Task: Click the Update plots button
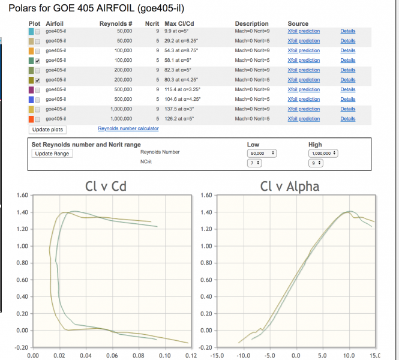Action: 48,130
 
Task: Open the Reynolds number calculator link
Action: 128,128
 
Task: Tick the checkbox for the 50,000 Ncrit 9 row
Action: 38,31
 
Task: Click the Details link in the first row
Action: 347,31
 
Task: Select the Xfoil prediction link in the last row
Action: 304,119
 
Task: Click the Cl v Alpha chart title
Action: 290,187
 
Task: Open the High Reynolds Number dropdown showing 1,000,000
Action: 323,153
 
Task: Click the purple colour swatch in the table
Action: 31,89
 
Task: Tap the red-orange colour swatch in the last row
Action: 31,119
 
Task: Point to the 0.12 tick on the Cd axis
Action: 191,355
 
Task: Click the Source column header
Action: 298,23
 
